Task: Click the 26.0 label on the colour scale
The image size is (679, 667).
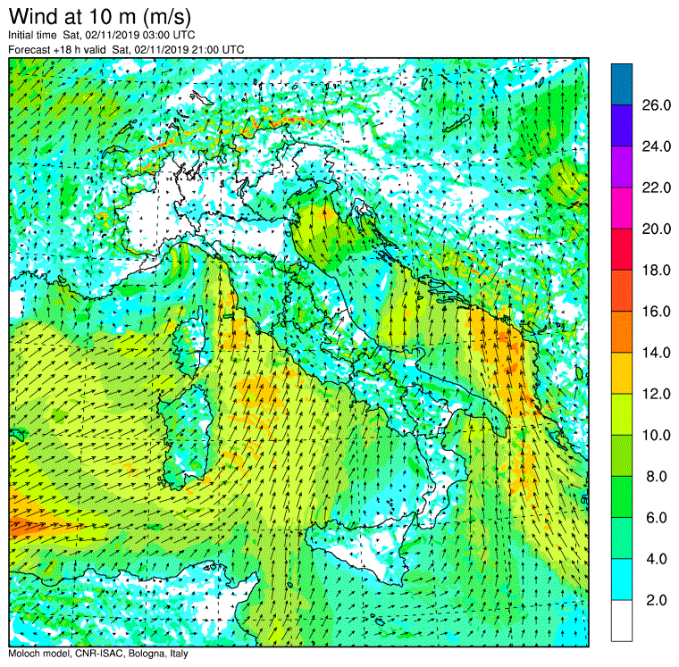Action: pos(656,105)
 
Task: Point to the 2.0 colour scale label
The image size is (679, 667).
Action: pos(656,600)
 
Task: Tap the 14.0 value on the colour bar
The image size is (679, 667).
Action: pos(656,353)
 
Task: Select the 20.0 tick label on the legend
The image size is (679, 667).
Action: pos(656,229)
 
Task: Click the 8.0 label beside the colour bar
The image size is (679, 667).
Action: pos(656,477)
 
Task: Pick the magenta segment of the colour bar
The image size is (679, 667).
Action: pos(622,208)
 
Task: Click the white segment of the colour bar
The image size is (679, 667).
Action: pos(622,621)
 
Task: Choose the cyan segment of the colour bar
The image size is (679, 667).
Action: pos(622,579)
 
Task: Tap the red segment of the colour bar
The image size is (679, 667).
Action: pos(622,249)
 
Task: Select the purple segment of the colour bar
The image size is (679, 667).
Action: pos(622,167)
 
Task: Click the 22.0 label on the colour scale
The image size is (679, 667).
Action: pos(656,188)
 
